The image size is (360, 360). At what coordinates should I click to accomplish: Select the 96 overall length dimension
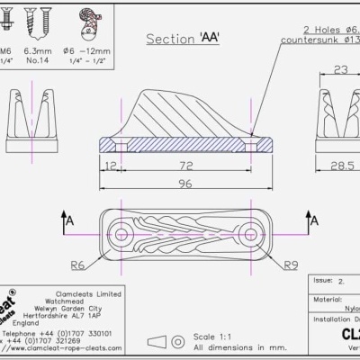point(186,184)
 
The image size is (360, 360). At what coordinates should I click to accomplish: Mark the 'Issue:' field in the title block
point(322,281)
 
